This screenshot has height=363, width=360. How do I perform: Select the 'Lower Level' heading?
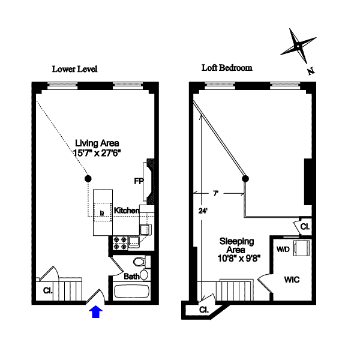(x=74, y=69)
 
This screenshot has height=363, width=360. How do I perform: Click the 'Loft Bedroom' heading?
(x=226, y=68)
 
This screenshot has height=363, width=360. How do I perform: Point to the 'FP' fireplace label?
(x=139, y=180)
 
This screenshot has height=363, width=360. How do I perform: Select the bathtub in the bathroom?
(x=131, y=292)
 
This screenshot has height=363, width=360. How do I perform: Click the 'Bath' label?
(x=131, y=277)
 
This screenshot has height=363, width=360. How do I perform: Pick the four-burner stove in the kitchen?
(x=118, y=242)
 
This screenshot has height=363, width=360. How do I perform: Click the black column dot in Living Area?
(x=88, y=178)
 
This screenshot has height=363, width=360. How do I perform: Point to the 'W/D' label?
(x=283, y=248)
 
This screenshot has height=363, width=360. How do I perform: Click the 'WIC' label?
(x=292, y=280)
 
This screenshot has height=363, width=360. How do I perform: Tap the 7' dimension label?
(x=215, y=193)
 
